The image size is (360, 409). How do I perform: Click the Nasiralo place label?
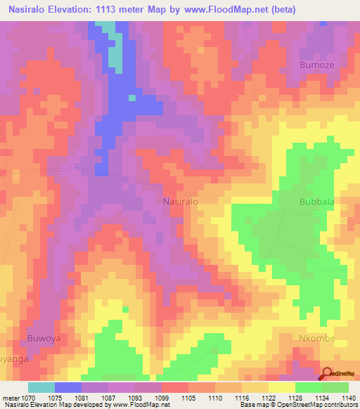click(181, 201)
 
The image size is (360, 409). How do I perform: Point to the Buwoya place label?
click(44, 338)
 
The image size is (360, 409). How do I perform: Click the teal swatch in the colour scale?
click(41, 387)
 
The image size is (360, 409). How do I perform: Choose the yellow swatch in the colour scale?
click(282, 387)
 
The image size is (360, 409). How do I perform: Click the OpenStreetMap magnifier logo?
click(328, 375)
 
